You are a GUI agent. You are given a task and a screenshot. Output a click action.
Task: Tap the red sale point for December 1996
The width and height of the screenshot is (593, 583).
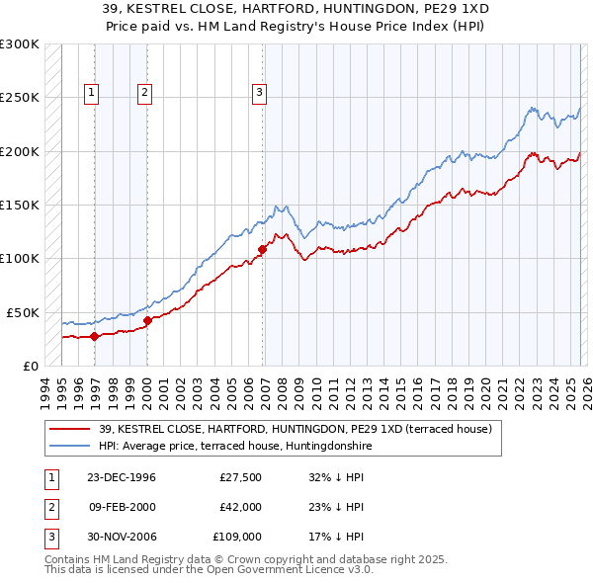tap(95, 336)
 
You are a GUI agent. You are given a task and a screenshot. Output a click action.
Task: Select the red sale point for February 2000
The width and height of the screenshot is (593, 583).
tap(147, 320)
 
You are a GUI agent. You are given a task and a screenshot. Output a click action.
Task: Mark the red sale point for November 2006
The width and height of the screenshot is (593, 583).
tap(263, 249)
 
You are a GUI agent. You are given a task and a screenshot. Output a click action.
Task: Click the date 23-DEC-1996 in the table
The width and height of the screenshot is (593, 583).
tap(122, 477)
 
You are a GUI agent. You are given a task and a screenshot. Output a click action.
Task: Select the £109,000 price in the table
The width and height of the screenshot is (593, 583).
tap(236, 537)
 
